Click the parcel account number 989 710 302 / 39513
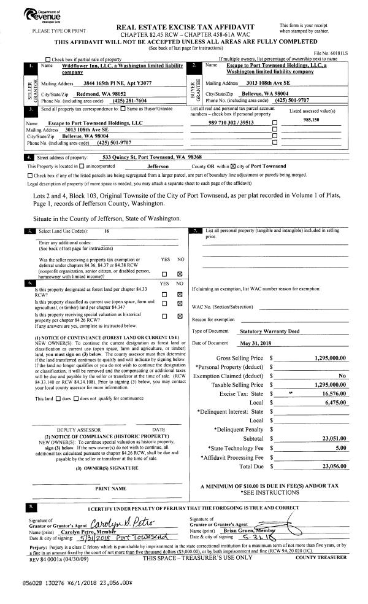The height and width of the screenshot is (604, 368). (x=230, y=122)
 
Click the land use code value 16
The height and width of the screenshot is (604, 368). (x=107, y=230)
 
